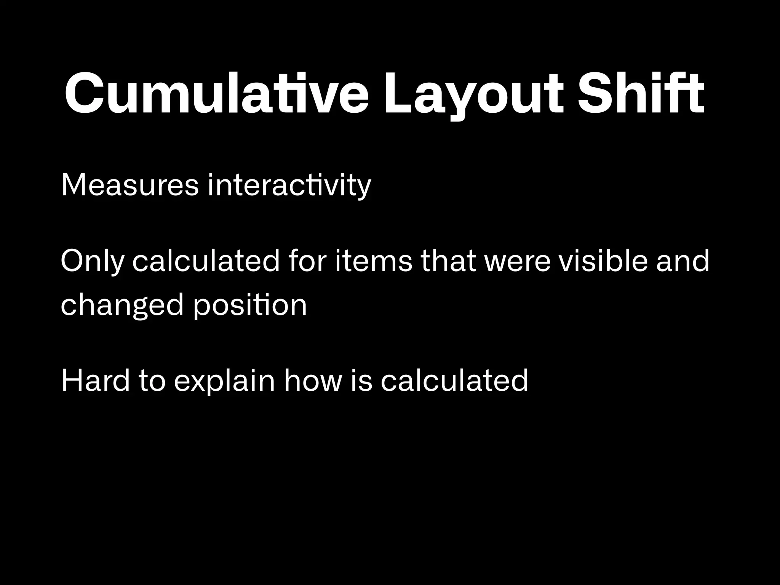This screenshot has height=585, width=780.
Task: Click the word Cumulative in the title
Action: point(216,94)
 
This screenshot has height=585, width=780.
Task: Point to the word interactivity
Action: point(289,185)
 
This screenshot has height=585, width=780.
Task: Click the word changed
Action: point(122,305)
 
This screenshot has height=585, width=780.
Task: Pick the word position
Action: point(250,305)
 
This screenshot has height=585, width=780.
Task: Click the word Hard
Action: point(96,380)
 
